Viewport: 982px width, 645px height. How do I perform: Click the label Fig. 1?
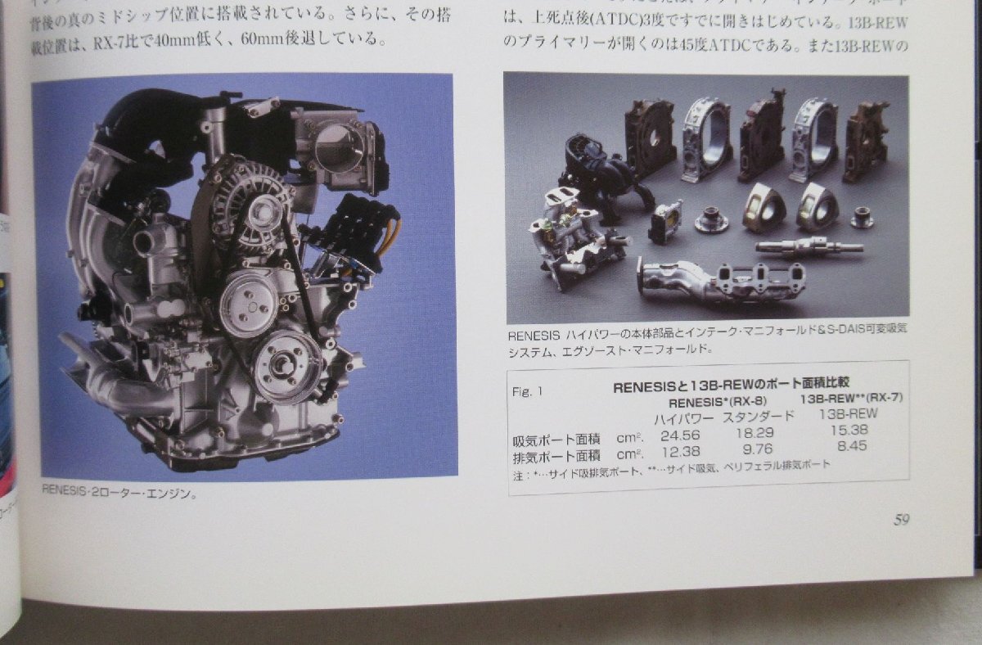[528, 392]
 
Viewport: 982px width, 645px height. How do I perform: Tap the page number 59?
[901, 520]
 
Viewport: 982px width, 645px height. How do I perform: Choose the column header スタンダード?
[758, 415]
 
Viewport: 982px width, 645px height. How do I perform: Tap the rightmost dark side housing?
[866, 129]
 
